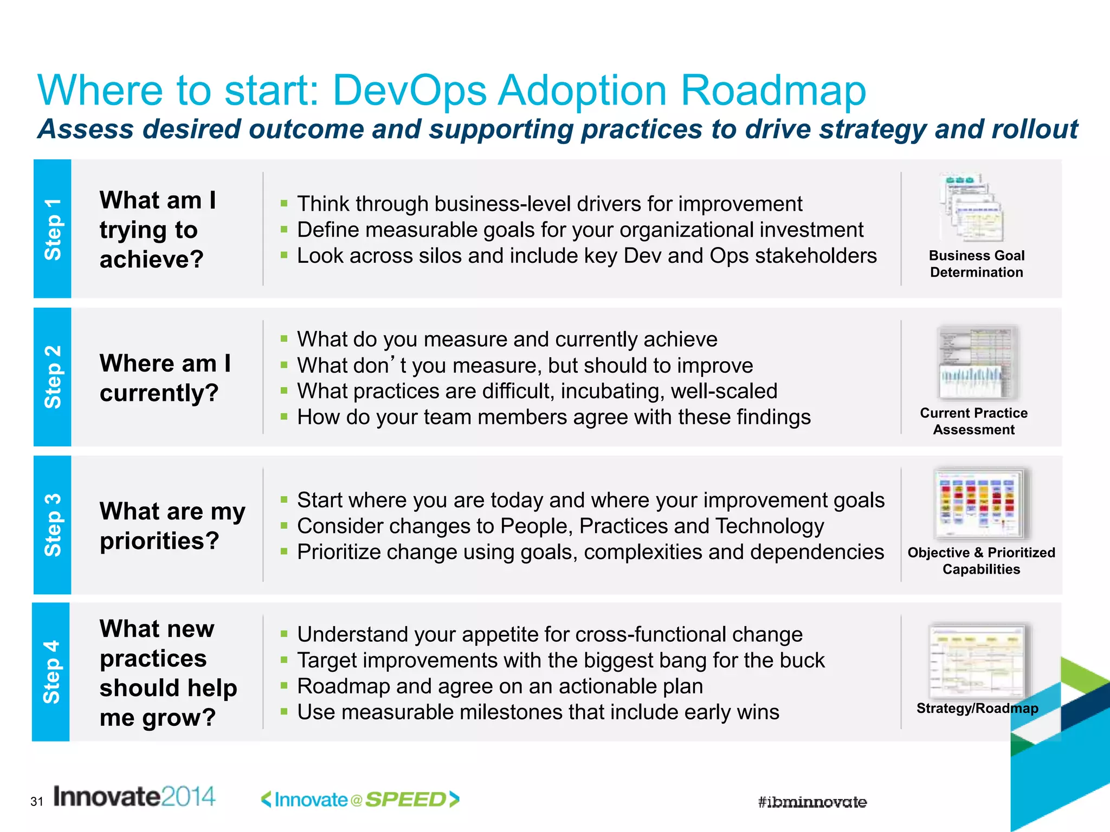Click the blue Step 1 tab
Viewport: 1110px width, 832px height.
(52, 229)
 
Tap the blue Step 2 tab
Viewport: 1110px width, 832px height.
(52, 377)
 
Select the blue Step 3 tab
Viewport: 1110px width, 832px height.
(52, 525)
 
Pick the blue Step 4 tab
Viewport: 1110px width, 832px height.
(51, 672)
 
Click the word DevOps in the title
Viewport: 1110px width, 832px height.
(409, 90)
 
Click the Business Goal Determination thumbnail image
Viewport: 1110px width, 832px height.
(973, 207)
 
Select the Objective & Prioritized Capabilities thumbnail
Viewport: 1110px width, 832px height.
(980, 504)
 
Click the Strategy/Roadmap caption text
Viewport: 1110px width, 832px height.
(977, 708)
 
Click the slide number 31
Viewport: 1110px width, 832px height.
(37, 802)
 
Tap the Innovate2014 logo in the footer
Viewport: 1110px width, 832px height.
(134, 797)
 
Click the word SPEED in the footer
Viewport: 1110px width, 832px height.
(405, 799)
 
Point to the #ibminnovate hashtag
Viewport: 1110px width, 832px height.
(812, 802)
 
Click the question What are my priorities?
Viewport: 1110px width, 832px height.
(172, 525)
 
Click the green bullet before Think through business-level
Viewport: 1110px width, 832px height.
(283, 204)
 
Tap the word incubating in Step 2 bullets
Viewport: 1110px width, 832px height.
(612, 391)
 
